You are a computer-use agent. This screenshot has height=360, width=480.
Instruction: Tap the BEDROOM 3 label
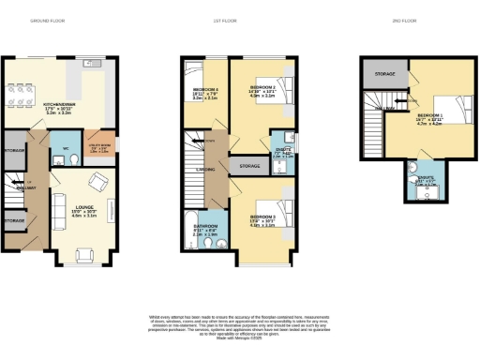click(x=262, y=217)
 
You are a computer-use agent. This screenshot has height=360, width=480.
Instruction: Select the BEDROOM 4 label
click(x=206, y=89)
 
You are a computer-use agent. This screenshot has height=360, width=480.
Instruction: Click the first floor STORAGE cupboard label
click(x=249, y=166)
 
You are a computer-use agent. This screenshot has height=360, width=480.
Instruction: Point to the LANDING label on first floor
click(x=204, y=170)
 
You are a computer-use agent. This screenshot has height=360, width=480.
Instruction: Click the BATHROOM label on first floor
click(x=205, y=226)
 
